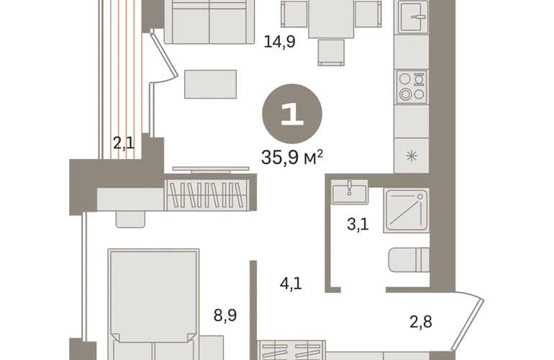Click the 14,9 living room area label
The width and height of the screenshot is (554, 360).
(279, 42)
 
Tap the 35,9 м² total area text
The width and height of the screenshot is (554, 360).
(292, 158)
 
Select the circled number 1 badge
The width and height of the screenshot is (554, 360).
(292, 114)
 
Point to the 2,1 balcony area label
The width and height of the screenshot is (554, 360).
(124, 143)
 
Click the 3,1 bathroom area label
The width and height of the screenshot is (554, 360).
(358, 224)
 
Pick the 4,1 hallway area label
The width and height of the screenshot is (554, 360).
(291, 283)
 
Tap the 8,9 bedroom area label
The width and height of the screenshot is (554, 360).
(225, 315)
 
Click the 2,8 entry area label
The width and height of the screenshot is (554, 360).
(421, 322)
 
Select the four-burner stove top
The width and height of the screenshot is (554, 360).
(412, 86)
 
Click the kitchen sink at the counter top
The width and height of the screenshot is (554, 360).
(414, 17)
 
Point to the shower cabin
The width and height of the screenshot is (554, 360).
(407, 211)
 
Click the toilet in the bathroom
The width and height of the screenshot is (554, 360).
(409, 260)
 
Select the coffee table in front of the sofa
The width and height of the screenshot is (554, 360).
(210, 84)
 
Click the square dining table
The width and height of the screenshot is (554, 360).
(331, 19)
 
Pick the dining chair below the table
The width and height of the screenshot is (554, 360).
(331, 53)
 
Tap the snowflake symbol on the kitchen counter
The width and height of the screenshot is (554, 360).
(412, 156)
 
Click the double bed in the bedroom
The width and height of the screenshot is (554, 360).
(154, 305)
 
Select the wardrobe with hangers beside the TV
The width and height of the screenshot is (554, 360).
(208, 194)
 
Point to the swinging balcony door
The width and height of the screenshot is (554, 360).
(163, 57)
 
